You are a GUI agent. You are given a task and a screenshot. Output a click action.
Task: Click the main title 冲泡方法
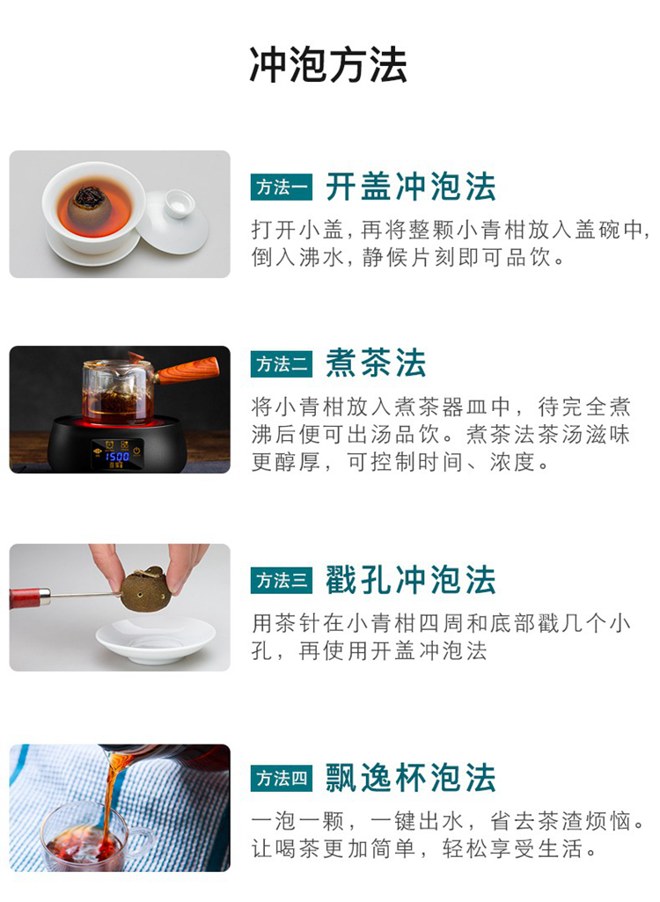click(x=328, y=64)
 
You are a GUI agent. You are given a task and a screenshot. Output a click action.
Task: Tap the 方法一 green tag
click(x=282, y=187)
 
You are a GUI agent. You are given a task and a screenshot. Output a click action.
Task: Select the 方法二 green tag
click(x=282, y=364)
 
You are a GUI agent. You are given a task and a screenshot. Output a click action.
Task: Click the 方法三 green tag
click(x=282, y=581)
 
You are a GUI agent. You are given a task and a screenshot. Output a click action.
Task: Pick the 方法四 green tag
click(x=282, y=778)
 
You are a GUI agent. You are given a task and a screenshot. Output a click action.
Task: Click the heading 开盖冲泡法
click(x=411, y=187)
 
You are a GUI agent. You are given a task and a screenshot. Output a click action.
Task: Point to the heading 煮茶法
click(x=376, y=363)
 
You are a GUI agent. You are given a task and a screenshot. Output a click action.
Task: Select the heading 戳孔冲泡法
click(x=411, y=580)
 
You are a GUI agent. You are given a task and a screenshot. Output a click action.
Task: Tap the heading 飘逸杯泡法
click(x=411, y=778)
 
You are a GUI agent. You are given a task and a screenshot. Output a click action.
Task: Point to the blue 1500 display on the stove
click(x=117, y=456)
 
